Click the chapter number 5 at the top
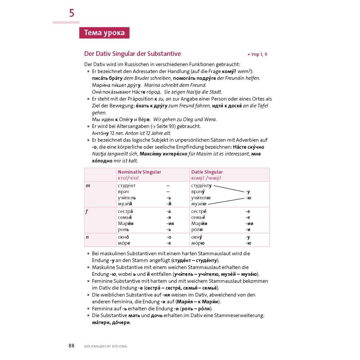72,13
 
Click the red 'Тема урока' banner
104,33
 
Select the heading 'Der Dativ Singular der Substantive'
133,54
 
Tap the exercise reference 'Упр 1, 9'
257,54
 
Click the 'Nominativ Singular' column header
140,172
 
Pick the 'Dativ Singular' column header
207,172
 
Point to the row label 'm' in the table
88,186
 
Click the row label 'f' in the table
87,211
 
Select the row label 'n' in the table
87,237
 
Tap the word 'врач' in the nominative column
123,192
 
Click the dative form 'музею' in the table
199,204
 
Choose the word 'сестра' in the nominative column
125,211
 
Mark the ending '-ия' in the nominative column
170,224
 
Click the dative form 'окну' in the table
197,237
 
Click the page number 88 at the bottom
71,346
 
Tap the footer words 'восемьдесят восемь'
106,346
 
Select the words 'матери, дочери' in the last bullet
111,322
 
